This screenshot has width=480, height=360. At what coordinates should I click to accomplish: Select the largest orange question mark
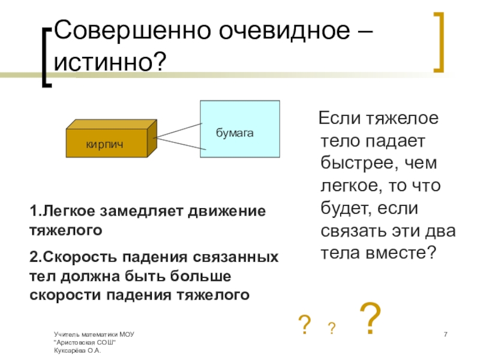coord(370,320)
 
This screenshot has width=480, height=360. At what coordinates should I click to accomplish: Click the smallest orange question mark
coord(331,328)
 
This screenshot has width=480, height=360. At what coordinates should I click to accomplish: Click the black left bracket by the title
coord(47,58)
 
